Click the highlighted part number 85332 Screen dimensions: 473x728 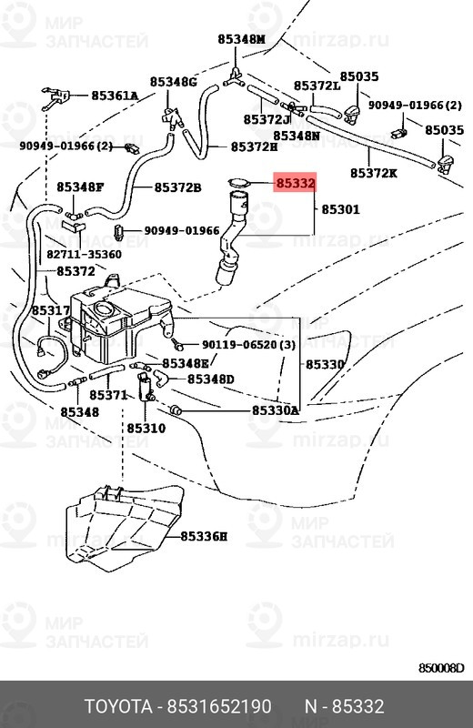296,183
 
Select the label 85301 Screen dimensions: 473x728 341,209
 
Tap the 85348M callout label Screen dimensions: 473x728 241,39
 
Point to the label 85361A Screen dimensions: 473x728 115,96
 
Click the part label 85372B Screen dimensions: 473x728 177,187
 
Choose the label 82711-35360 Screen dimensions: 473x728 84,255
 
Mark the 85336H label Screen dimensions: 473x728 204,537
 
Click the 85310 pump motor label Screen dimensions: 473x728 146,428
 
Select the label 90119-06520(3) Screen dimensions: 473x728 249,345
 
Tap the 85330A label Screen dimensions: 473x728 276,410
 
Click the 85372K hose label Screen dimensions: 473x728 374,173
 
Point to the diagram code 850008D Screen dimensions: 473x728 441,668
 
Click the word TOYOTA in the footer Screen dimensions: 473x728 118,707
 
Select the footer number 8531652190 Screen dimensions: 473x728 219,707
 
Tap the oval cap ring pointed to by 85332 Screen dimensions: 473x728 238,184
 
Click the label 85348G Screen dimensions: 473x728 174,82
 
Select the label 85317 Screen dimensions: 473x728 51,310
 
